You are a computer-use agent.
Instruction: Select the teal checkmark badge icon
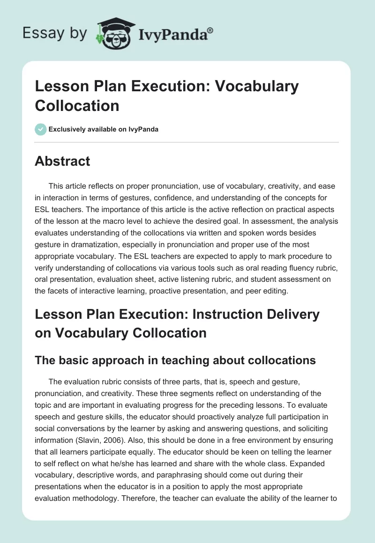(x=40, y=129)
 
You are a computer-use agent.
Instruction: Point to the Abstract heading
(x=62, y=161)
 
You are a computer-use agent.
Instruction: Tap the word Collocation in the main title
(x=77, y=105)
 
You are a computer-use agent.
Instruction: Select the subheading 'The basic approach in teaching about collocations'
(x=175, y=360)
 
